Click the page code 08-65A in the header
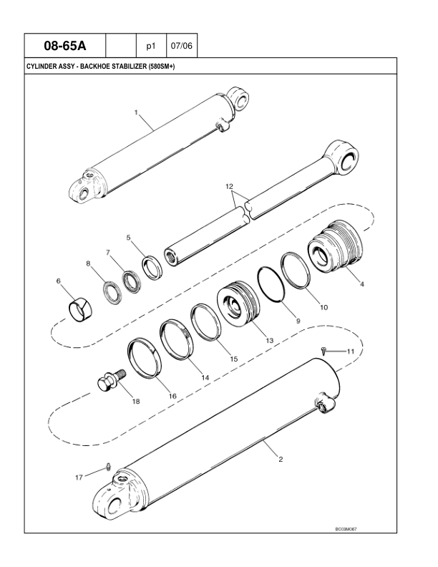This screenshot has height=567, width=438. (65, 47)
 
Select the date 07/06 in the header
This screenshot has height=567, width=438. (179, 47)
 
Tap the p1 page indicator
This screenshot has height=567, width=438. (151, 47)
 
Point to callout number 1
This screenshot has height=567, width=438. (135, 112)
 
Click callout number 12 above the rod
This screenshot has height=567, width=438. (230, 186)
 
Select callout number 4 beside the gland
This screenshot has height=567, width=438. (362, 284)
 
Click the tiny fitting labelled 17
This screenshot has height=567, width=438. (107, 467)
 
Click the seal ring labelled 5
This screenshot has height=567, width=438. (152, 267)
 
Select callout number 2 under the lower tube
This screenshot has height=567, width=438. (279, 460)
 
